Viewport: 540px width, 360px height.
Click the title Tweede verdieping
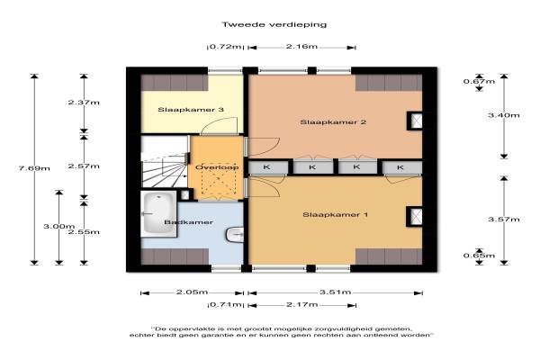click(x=274, y=24)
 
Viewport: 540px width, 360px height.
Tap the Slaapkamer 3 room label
click(x=191, y=110)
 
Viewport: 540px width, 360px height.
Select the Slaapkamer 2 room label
click(x=333, y=122)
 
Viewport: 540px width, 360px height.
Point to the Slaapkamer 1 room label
click(x=335, y=214)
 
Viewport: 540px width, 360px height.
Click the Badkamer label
click(x=188, y=222)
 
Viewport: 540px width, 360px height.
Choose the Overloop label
click(x=217, y=167)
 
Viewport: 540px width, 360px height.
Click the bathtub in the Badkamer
click(x=158, y=213)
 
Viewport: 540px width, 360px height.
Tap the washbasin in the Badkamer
click(x=235, y=235)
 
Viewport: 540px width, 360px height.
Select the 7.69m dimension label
click(x=34, y=168)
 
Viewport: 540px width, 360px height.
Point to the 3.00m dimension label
click(x=58, y=226)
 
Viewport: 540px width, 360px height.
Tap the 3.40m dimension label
click(x=504, y=115)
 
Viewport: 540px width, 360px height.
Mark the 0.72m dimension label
click(x=225, y=47)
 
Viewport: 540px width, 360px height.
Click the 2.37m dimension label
click(x=84, y=103)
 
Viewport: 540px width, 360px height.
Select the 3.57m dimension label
click(x=504, y=219)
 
